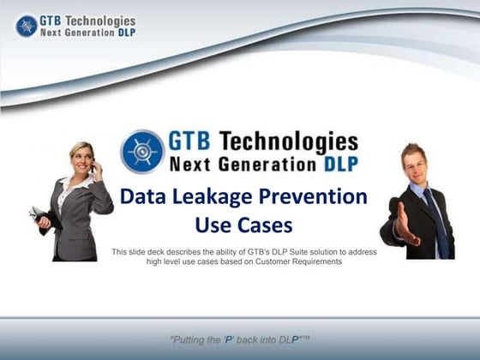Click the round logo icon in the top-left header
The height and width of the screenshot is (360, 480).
(26, 25)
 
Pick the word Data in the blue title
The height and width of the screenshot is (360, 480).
(143, 197)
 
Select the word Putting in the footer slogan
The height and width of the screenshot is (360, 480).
(193, 339)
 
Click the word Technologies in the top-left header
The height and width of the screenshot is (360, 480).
(99, 19)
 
